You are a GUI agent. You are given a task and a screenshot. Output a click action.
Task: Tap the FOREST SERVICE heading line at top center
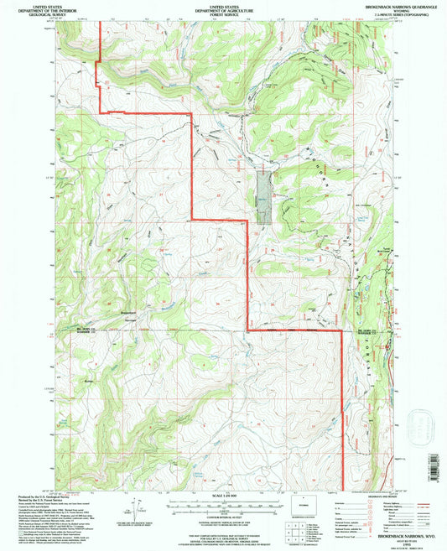coord(223,13)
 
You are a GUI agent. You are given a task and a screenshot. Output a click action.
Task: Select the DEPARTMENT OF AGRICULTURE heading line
coord(223,9)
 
